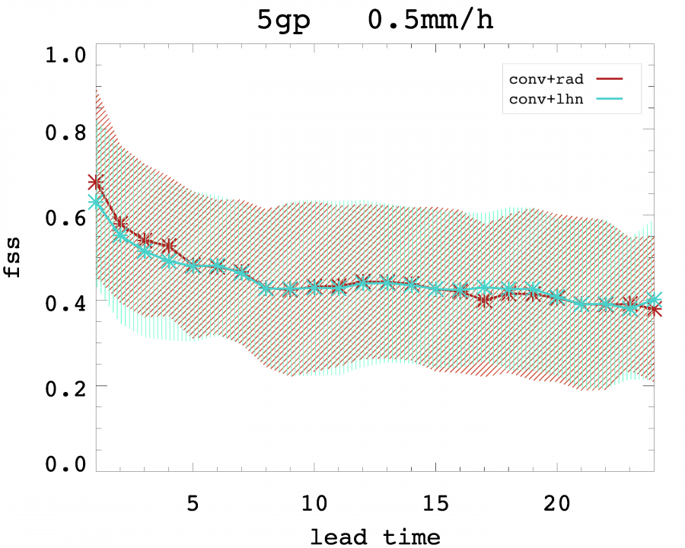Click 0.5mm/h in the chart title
tap(431, 21)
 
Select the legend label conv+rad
tap(542, 78)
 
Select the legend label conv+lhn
tap(542, 100)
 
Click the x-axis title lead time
tap(374, 536)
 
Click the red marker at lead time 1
tap(95, 182)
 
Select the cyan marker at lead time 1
tap(95, 202)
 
